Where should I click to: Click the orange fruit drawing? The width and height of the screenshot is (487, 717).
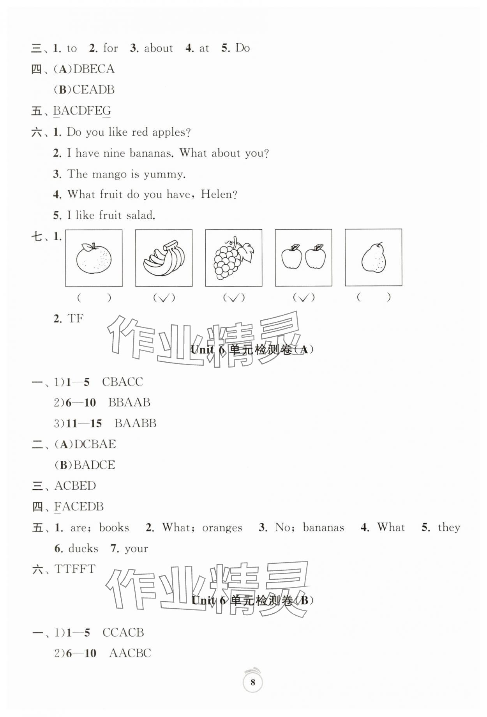[94, 258]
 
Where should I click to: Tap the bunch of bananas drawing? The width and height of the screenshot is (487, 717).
[164, 258]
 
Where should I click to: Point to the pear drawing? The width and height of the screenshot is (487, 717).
[374, 258]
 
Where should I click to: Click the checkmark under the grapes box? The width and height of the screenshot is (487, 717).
[234, 298]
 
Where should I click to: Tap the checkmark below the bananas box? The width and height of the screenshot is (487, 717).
[164, 298]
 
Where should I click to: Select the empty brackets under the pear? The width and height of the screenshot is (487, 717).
[373, 297]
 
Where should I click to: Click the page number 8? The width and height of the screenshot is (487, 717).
[253, 682]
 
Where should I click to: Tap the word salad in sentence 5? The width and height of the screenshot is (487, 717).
[141, 215]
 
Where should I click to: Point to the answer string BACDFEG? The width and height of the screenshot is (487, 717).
[82, 111]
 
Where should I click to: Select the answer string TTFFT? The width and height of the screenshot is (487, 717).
[75, 569]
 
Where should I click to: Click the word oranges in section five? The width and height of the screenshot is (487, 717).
[222, 528]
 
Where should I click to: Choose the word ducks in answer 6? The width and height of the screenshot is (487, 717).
[83, 549]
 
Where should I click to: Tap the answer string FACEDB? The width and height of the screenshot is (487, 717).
[79, 506]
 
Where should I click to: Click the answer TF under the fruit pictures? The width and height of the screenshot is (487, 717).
[76, 319]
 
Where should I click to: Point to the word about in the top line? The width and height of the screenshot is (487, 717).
[158, 48]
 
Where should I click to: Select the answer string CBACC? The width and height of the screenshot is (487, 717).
[122, 381]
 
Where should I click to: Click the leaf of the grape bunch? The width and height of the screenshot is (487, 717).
[247, 250]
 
